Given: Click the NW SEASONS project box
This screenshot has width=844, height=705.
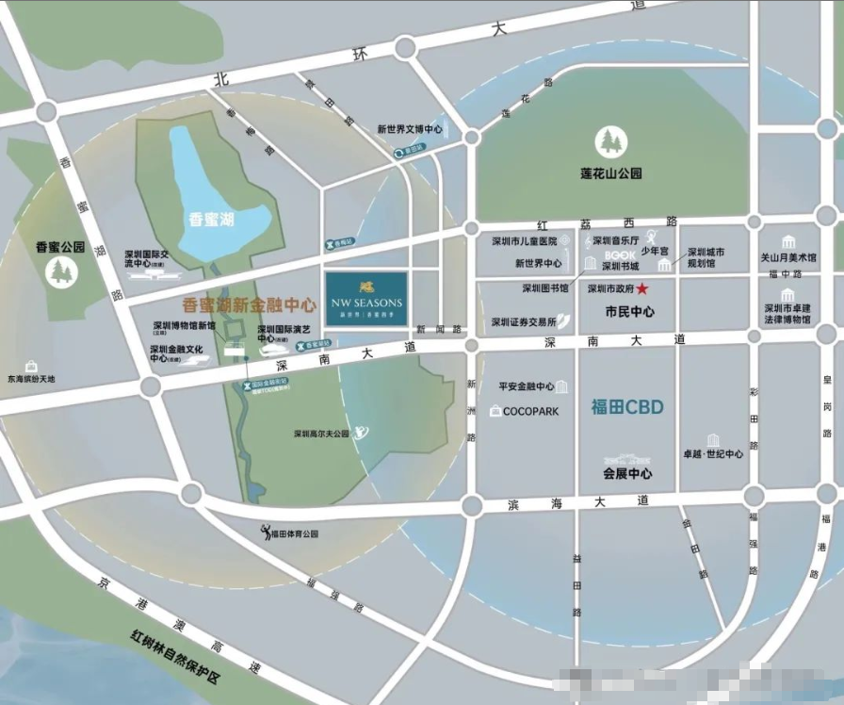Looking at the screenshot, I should (365, 298).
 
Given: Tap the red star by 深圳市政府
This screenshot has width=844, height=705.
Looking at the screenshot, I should (642, 288).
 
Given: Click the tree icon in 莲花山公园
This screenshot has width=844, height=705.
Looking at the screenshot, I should (611, 143).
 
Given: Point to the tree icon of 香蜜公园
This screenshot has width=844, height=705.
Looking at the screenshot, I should (61, 272).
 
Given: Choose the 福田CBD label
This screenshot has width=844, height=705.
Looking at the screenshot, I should (627, 407).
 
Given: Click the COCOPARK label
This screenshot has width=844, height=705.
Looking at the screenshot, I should (530, 411).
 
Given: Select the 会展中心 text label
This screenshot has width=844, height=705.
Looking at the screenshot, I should (627, 472).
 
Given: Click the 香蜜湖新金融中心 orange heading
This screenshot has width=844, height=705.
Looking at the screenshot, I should (249, 305).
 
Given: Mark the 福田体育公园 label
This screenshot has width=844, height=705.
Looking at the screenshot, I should (294, 533).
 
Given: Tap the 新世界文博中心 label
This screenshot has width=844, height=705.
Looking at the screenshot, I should (410, 129).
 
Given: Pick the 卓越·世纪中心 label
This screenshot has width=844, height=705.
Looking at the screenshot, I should (713, 453).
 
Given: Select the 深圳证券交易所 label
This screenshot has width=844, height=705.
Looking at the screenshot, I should (524, 322).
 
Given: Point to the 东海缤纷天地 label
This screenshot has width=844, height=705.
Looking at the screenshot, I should (32, 379).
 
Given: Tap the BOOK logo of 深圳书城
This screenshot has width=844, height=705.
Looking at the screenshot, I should (620, 254).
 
